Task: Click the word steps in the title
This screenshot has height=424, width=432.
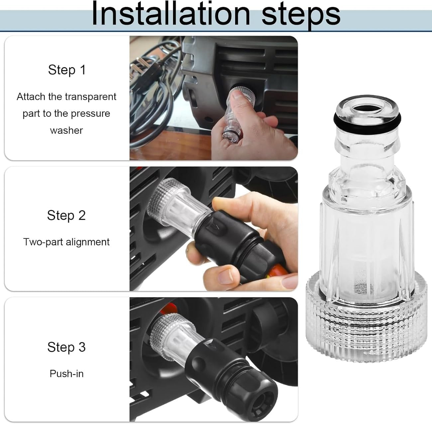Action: (301, 14)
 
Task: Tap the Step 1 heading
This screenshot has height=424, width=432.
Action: (66, 70)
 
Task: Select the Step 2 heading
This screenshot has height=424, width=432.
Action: (66, 215)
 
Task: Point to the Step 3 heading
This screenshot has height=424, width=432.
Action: (66, 347)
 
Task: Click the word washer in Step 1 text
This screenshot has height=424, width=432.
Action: (66, 130)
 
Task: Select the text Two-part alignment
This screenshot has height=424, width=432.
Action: (66, 242)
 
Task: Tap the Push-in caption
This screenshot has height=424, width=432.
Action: (66, 373)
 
